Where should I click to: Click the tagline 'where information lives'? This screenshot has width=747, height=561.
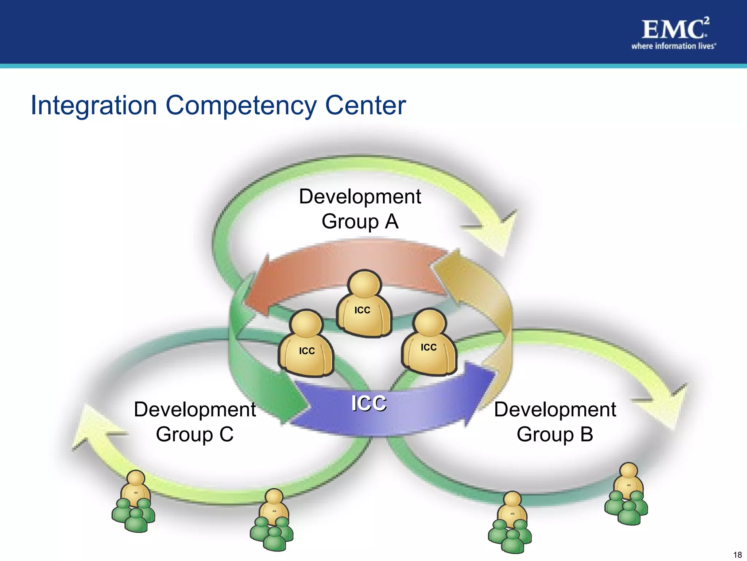[673, 46]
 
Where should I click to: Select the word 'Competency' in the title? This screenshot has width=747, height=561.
[241, 106]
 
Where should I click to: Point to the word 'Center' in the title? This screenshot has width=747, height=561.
[365, 105]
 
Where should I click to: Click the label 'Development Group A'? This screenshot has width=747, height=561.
[360, 209]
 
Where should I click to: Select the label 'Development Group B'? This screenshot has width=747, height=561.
[555, 421]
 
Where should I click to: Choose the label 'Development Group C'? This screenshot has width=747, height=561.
[195, 421]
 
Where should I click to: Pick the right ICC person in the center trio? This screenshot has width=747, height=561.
[429, 343]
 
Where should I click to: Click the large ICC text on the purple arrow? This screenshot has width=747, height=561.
[369, 404]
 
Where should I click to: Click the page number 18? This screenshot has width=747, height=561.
[737, 555]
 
